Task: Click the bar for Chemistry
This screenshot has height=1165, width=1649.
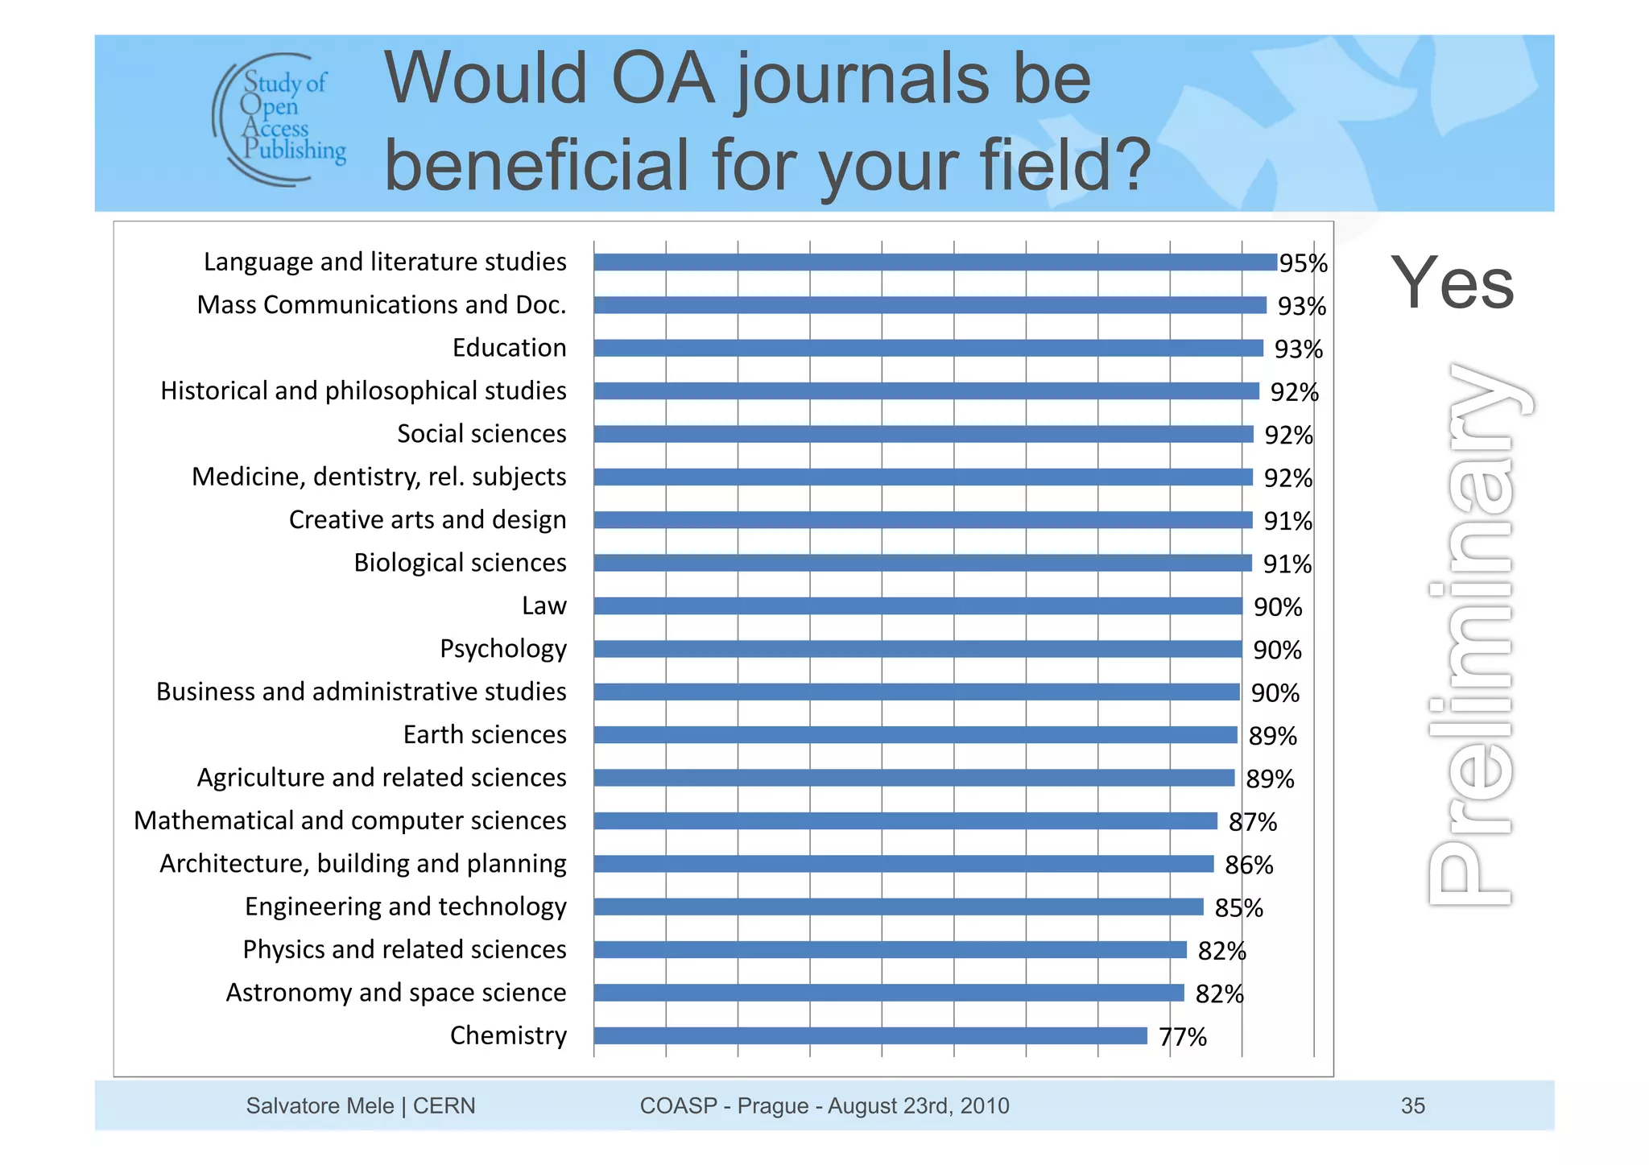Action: tap(870, 1035)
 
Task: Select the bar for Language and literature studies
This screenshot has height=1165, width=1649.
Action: tap(934, 262)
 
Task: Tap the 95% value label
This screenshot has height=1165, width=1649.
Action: tap(1303, 263)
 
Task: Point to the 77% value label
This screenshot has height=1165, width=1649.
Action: tap(1182, 1037)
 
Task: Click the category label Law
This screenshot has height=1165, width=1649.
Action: tap(543, 605)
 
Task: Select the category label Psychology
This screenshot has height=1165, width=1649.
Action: tap(502, 649)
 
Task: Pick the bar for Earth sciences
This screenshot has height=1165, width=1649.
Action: tap(915, 734)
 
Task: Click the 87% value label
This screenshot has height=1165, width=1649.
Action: tap(1252, 822)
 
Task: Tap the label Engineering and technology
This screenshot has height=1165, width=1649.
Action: tap(405, 907)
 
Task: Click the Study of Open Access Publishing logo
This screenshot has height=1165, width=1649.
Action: tap(280, 119)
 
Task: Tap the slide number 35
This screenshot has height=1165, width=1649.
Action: tap(1412, 1105)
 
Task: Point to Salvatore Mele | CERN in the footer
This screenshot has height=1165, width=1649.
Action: tap(360, 1105)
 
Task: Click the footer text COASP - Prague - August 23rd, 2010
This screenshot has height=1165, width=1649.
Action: tap(824, 1105)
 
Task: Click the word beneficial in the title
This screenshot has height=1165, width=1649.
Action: tap(538, 164)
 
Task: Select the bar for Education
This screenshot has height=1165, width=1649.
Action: tap(928, 348)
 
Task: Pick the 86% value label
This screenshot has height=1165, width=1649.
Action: tap(1249, 865)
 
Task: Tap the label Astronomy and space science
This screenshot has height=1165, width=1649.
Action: tap(395, 993)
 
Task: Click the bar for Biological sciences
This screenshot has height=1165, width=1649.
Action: tap(922, 563)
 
